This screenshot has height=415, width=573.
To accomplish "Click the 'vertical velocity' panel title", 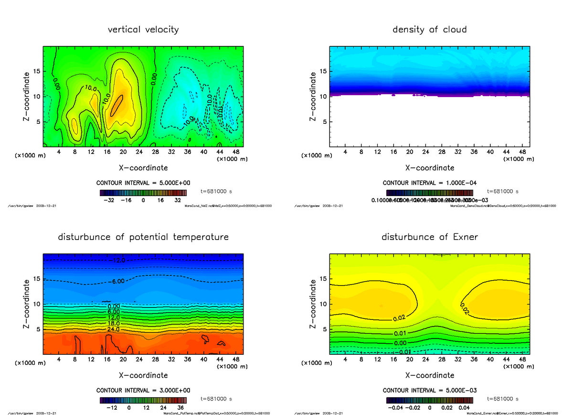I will coord(143,30).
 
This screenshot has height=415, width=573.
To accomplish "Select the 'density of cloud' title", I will coord(429,30).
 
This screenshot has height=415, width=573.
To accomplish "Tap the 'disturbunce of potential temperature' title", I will coord(143,237).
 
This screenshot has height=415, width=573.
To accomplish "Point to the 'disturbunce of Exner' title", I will coord(429,237).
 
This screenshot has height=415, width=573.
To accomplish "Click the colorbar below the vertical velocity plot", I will coord(143,193).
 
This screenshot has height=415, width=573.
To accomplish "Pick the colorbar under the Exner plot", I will coord(429,400).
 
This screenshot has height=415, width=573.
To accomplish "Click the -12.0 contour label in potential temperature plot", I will coord(118,261).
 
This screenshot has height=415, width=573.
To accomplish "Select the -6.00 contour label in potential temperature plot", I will coord(117,282).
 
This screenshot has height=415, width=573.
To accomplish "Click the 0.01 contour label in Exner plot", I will coord(400,333).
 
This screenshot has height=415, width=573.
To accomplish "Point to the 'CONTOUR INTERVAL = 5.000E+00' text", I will coord(143,183).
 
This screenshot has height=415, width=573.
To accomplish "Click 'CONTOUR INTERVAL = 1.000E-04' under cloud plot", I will coord(429,183).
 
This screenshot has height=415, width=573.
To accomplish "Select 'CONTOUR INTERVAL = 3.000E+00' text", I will coord(143,391).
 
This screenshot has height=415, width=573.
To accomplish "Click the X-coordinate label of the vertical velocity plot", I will coord(143,168).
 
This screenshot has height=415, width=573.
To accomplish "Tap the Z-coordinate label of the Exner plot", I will coord(313,304).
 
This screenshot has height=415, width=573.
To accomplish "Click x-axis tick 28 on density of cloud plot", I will coord(442,152).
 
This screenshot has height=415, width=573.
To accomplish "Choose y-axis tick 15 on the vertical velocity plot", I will coord(37,71).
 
